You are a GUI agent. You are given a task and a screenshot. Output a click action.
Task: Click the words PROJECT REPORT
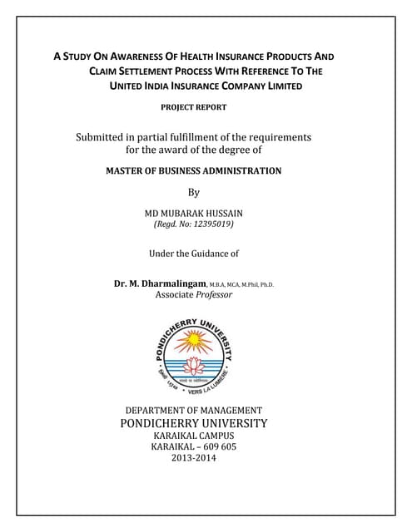coord(193,107)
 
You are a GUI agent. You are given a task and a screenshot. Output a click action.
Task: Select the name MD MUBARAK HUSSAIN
coord(193,213)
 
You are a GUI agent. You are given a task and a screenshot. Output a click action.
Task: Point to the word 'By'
coord(193,192)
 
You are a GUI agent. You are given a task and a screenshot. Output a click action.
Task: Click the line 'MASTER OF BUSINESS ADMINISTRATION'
coord(193,171)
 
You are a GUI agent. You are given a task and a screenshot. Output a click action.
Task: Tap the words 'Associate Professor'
coord(193,295)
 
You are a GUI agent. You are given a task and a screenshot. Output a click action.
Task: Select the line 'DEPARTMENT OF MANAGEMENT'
coord(193,411)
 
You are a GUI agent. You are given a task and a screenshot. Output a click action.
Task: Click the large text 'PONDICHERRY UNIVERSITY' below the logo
coord(193,423)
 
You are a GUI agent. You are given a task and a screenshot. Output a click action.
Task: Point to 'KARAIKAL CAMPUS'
coord(193,436)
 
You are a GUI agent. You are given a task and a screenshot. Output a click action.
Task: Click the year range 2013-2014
coord(193,458)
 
